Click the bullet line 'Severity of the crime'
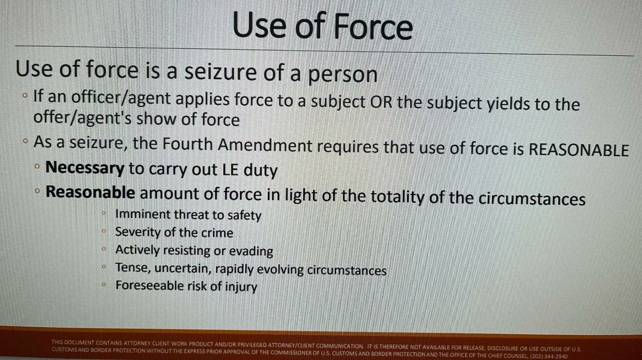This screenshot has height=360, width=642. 174,233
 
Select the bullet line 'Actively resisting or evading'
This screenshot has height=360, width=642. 194,250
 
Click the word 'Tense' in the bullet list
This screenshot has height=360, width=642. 129,269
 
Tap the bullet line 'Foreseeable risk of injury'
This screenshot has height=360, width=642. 186,287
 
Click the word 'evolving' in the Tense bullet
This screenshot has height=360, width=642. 283,270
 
